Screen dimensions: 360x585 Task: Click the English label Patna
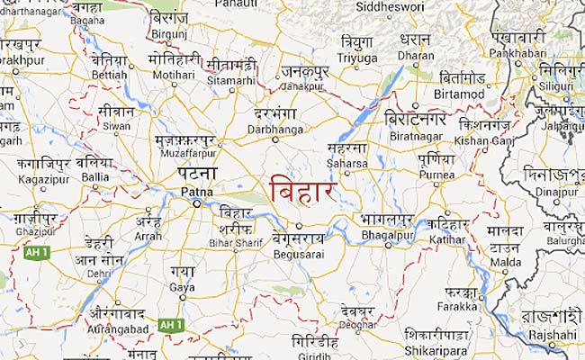195,192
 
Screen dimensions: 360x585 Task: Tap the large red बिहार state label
303,191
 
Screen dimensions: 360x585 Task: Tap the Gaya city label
181,287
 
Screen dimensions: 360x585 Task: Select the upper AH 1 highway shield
35,253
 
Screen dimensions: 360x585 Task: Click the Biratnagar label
415,139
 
